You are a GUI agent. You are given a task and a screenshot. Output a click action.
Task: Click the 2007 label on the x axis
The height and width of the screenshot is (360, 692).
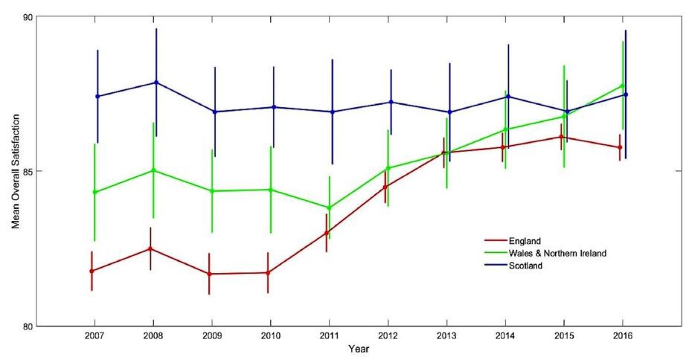click(94, 336)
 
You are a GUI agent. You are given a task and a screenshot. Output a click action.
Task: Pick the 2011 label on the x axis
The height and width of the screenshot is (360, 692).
click(329, 336)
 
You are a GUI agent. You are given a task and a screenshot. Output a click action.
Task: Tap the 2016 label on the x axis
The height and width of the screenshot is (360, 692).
click(622, 336)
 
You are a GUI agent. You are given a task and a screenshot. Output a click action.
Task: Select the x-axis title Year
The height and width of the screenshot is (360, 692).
click(358, 349)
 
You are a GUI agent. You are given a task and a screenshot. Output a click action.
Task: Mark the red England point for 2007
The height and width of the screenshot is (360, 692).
click(92, 271)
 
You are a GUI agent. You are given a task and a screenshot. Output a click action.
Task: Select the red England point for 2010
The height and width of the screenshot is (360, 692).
click(268, 272)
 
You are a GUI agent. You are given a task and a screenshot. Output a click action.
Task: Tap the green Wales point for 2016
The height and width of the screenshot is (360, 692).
click(622, 86)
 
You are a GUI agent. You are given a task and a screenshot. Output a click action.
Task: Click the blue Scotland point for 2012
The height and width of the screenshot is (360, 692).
click(391, 102)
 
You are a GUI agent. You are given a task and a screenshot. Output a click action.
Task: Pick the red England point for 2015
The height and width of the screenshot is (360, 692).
click(561, 137)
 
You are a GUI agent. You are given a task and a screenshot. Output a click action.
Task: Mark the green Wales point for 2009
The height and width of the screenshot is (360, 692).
click(212, 191)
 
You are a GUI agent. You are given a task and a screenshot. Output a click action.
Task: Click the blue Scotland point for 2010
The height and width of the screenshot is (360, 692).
click(274, 107)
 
